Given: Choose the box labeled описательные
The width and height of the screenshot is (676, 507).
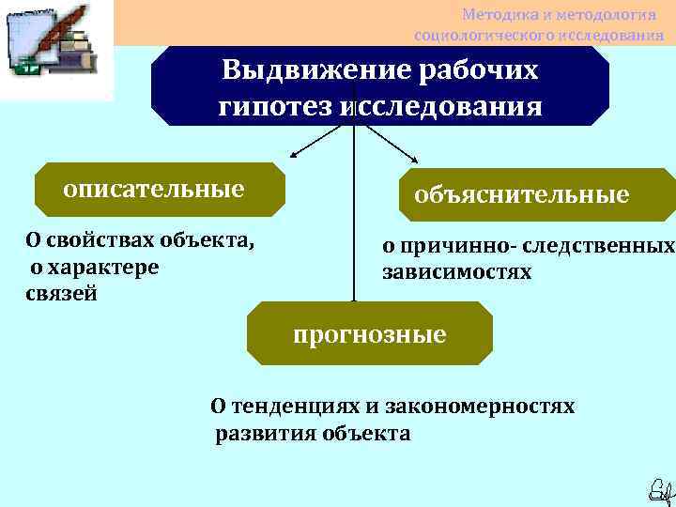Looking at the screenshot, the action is (159, 189).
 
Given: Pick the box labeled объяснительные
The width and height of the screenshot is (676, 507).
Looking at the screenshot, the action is (536, 195).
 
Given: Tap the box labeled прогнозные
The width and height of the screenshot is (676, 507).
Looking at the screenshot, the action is (369, 334).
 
